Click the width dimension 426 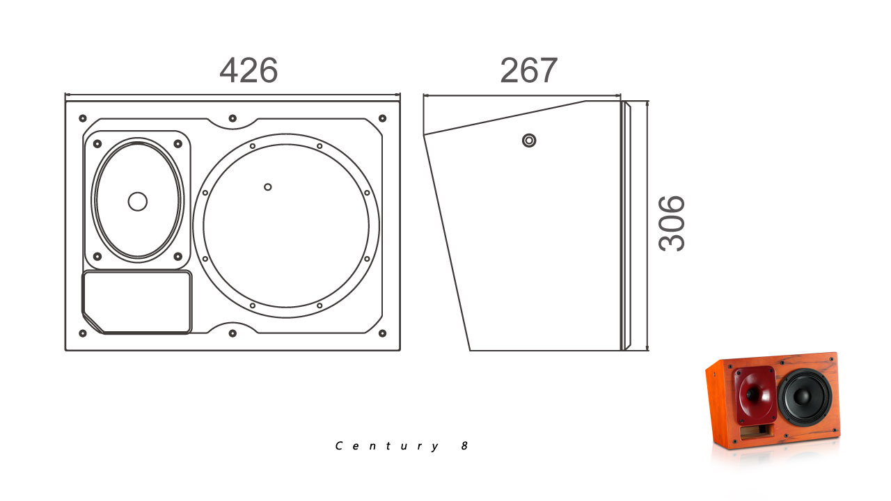(249, 70)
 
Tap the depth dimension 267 (528, 70)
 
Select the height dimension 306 (672, 223)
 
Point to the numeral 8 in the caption (464, 446)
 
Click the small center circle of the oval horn (138, 202)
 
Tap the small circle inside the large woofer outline (268, 187)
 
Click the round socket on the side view (529, 141)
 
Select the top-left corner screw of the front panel (83, 118)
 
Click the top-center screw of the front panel (232, 118)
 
